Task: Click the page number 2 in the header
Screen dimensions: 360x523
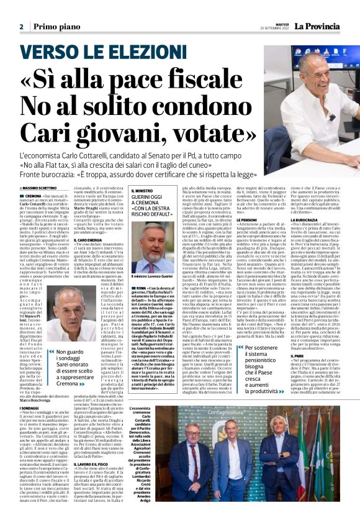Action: pos(21,27)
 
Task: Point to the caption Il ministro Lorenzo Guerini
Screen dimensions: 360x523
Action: pos(153,275)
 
